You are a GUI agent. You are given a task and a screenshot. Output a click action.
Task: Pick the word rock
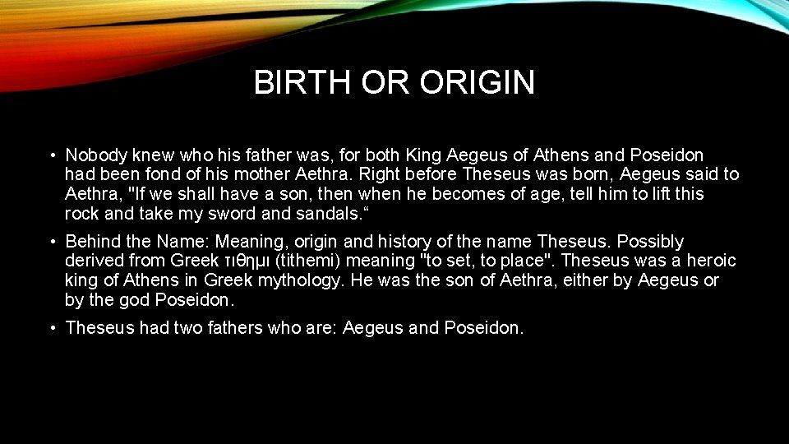(x=81, y=214)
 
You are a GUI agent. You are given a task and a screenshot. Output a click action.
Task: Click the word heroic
(x=711, y=261)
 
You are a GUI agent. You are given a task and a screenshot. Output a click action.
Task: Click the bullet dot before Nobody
(x=52, y=155)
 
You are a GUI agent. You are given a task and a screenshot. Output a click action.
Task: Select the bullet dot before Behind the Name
(x=52, y=242)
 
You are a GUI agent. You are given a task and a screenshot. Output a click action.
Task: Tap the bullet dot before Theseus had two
(x=52, y=329)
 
